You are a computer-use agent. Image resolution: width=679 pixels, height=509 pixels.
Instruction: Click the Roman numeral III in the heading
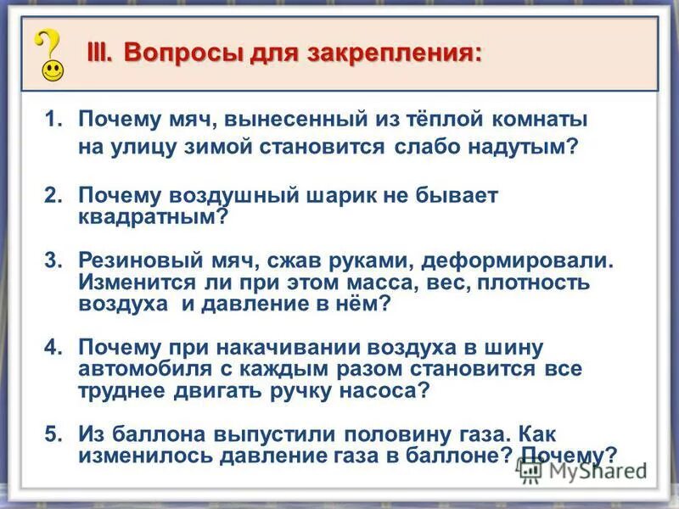pos(101,52)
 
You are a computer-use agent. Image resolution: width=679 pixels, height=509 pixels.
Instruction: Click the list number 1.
pos(53,120)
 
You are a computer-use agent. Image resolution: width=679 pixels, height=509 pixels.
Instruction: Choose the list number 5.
pos(53,433)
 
